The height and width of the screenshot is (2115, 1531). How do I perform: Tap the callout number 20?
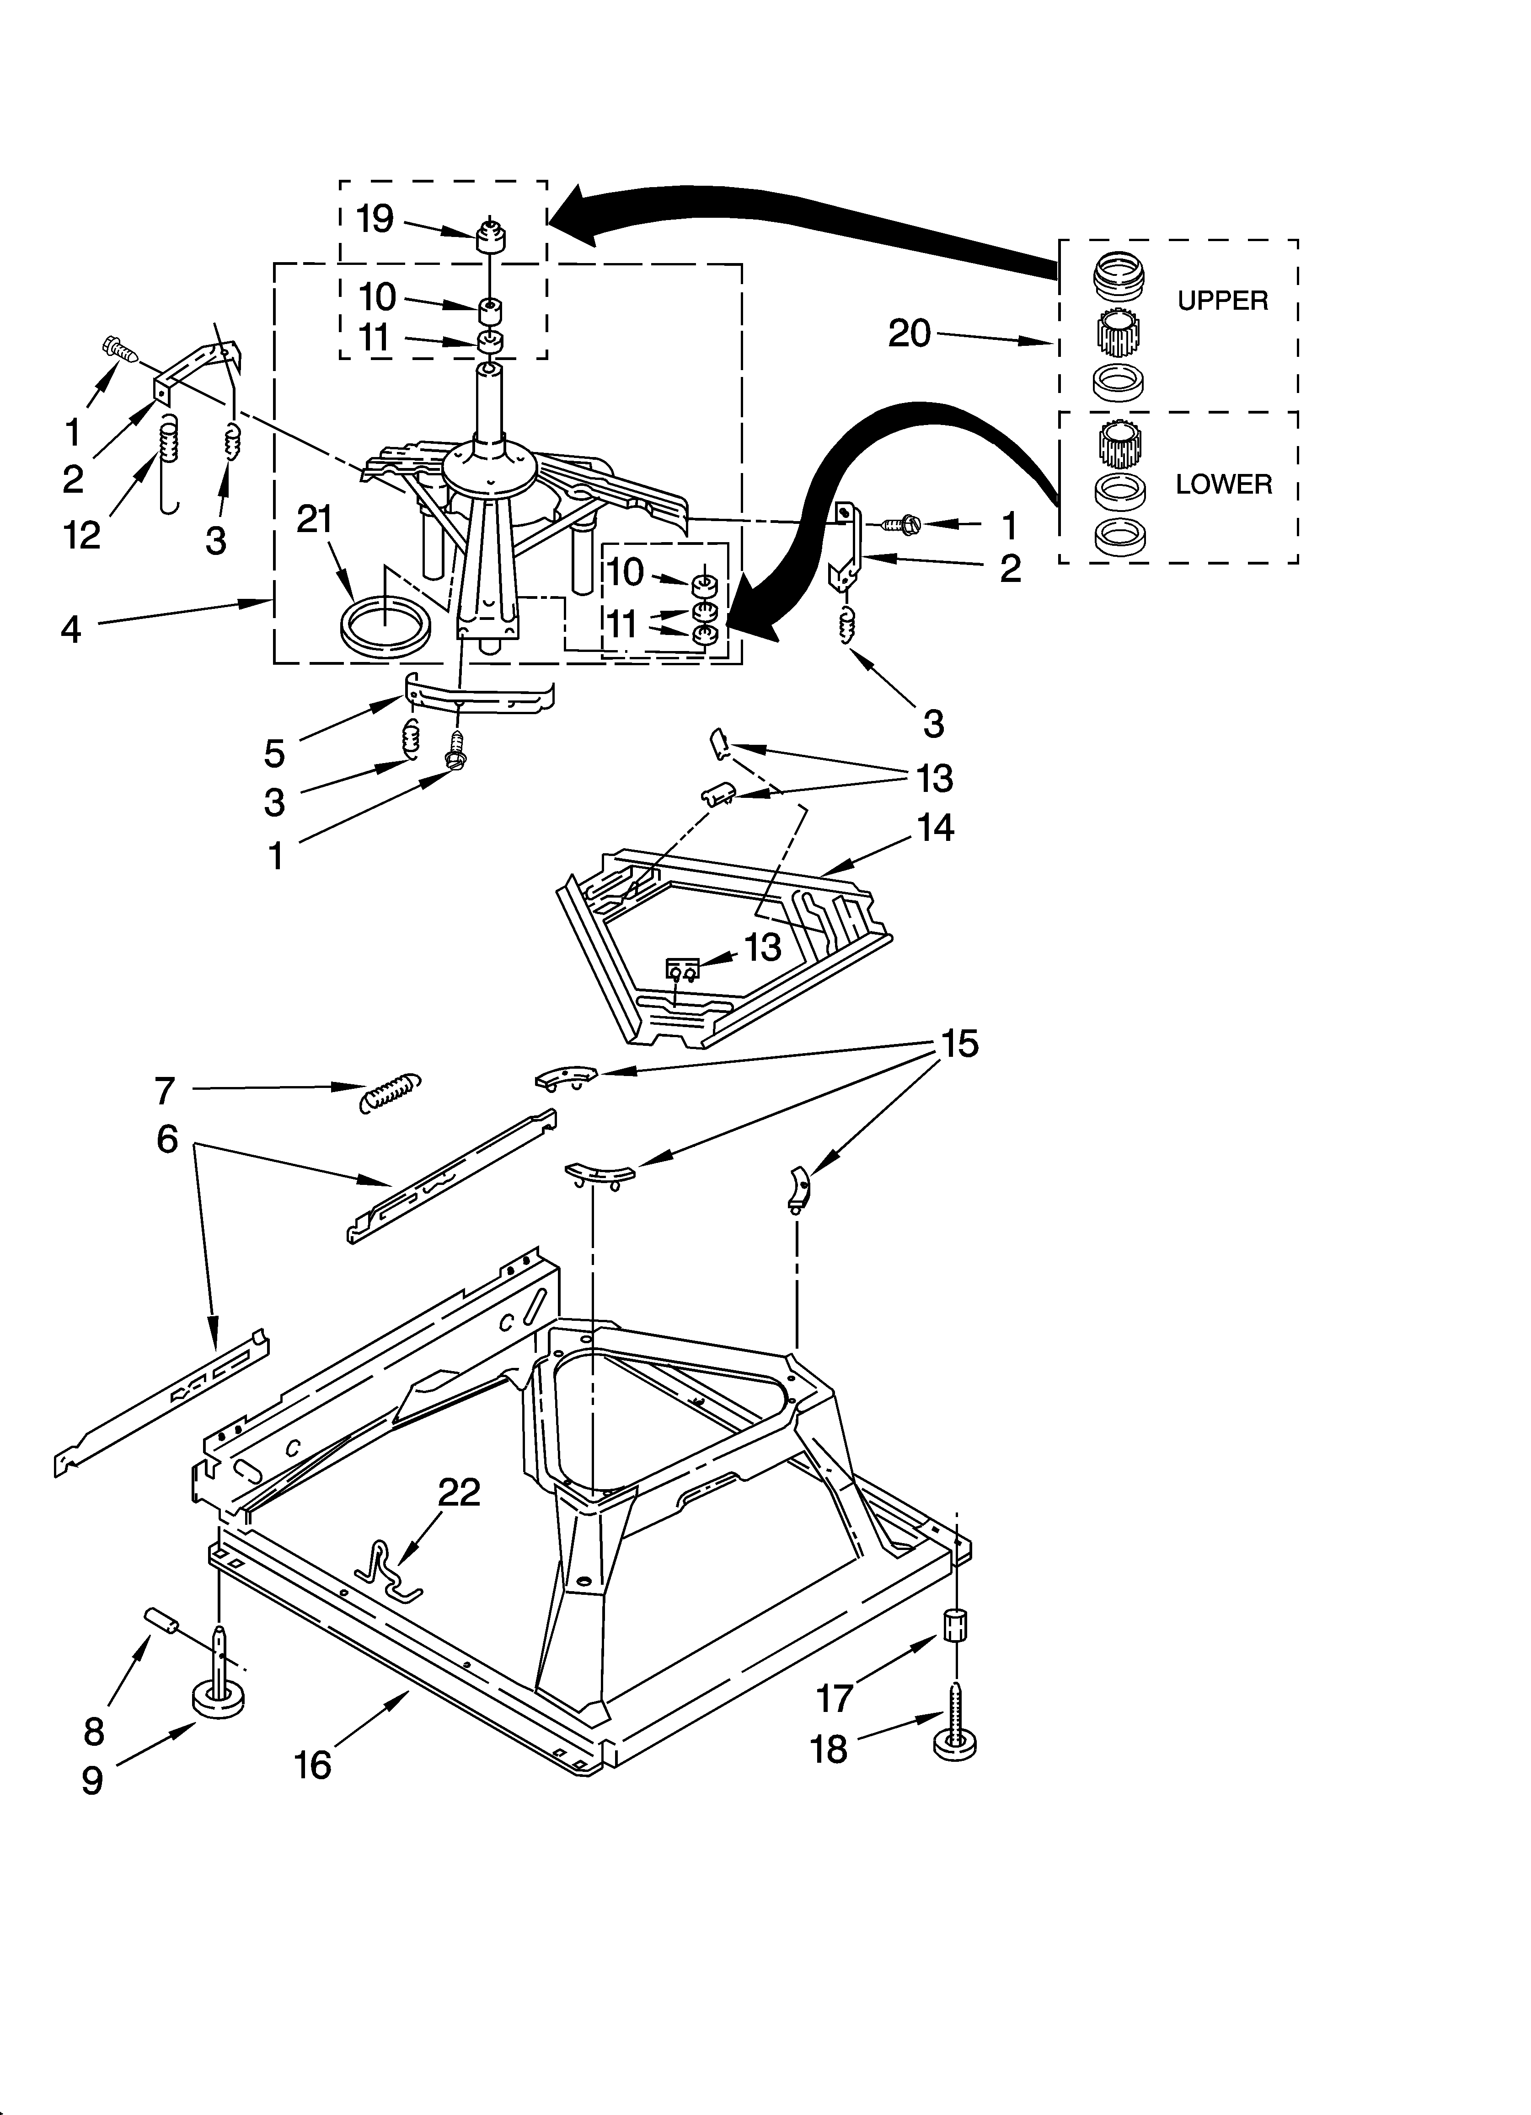coord(909,333)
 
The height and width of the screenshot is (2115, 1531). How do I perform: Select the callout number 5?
coord(273,753)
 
